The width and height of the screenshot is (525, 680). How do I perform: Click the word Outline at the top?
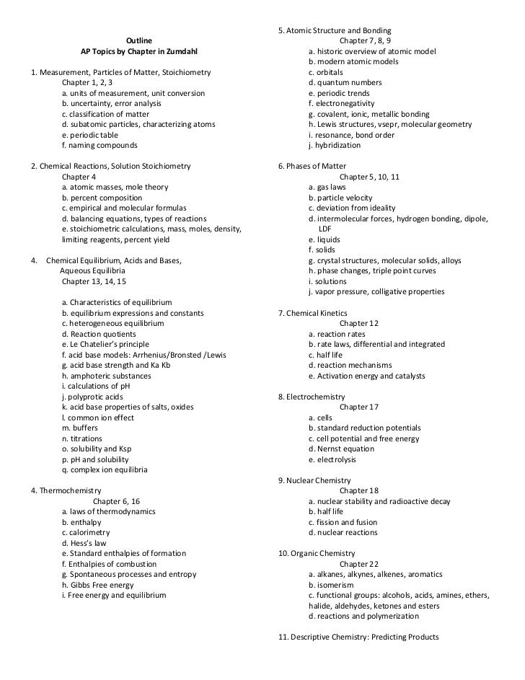(x=139, y=41)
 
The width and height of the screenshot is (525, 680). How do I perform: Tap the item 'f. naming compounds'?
(x=99, y=145)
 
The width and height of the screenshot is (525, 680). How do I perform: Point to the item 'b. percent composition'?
(x=102, y=198)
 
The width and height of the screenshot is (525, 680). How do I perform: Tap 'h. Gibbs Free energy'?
(x=98, y=585)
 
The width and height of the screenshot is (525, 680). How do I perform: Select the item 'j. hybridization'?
(x=334, y=145)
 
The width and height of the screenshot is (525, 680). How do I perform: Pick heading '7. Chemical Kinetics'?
(x=313, y=314)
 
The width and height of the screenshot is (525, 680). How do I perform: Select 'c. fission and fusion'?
(x=343, y=522)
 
